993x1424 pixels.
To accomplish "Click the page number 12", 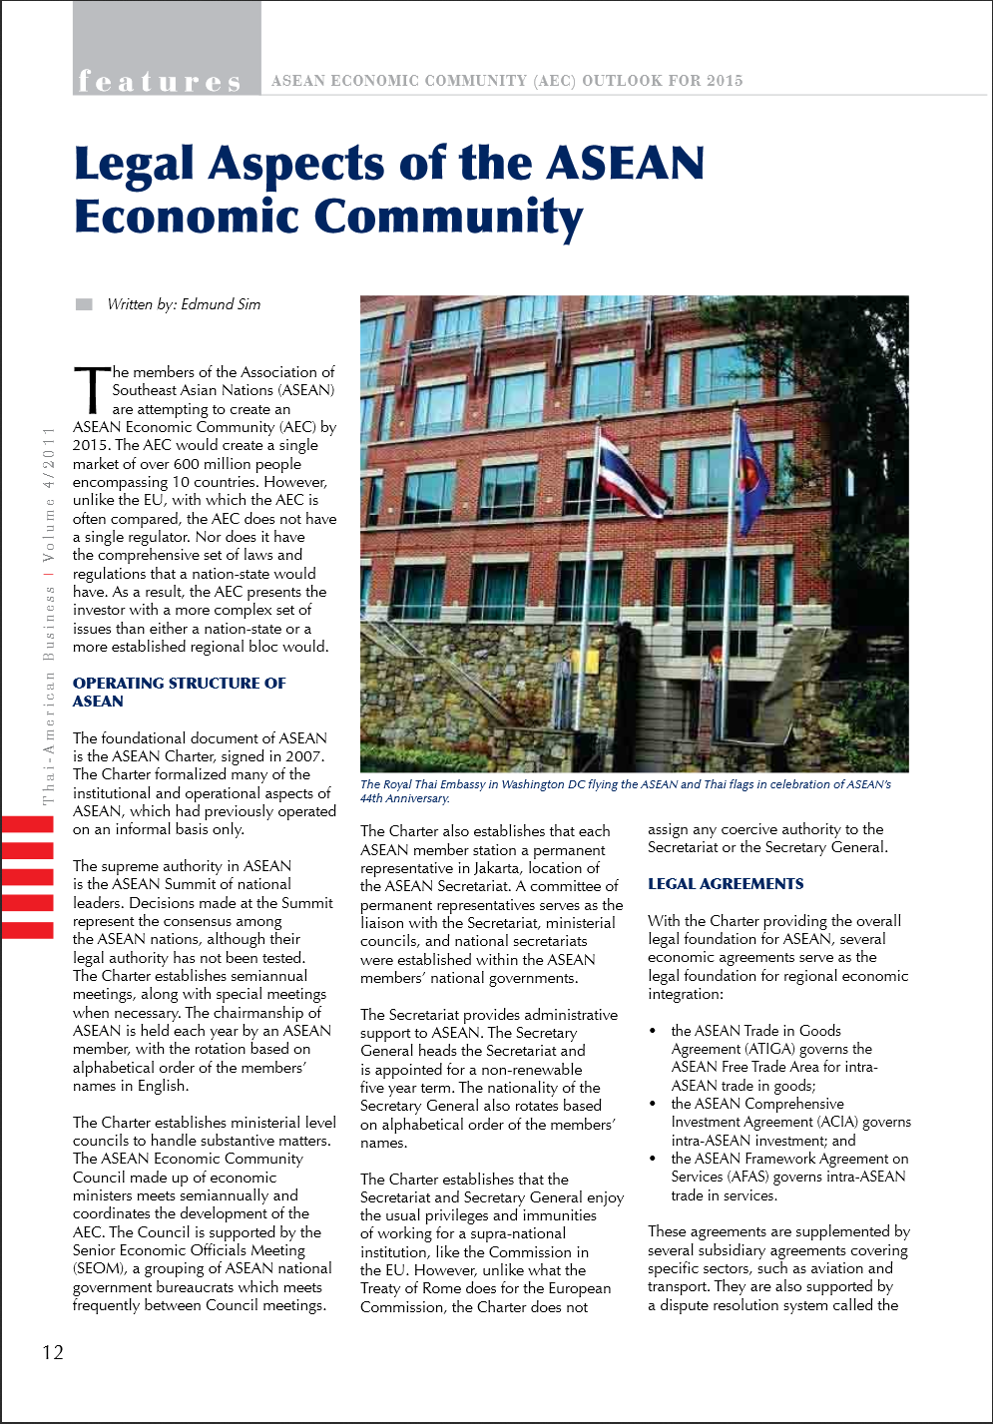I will tap(53, 1352).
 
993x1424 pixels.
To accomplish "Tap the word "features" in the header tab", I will tap(160, 81).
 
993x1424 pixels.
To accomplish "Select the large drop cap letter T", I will tap(91, 389).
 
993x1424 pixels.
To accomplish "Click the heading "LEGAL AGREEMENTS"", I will tap(726, 884).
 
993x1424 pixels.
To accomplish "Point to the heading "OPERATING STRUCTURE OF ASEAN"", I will tap(179, 693).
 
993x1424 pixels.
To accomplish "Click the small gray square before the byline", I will tap(84, 304).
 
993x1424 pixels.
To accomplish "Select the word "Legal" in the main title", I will tap(134, 164).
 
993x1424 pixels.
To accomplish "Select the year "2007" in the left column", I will tap(303, 756).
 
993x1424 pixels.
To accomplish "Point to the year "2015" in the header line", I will tap(725, 81).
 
